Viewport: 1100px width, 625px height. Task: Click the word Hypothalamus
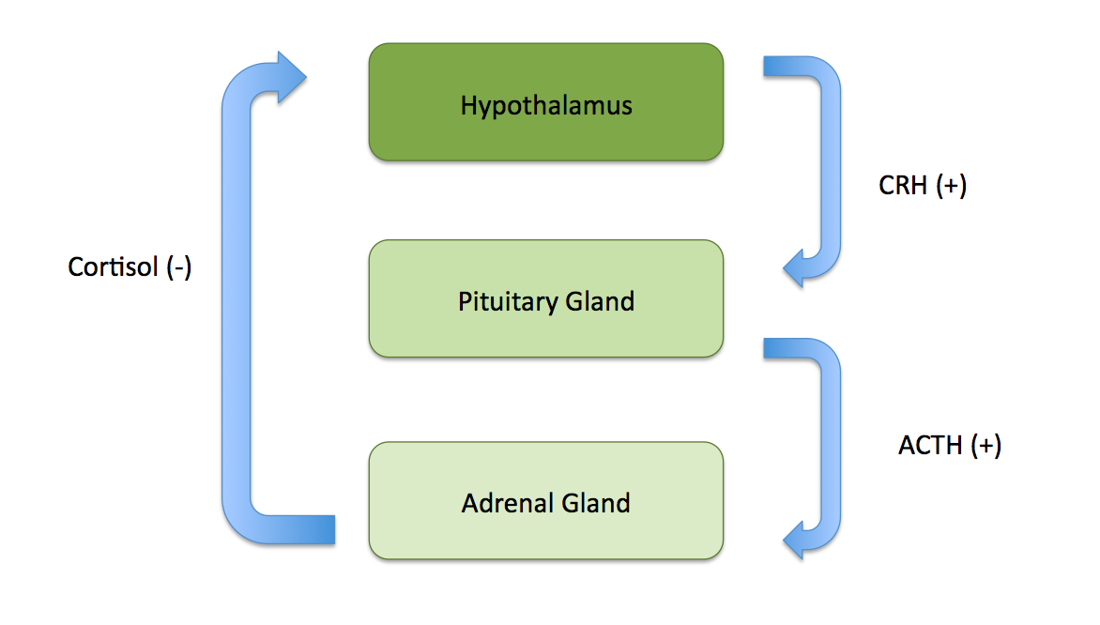point(545,104)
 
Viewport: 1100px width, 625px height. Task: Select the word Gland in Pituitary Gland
point(600,302)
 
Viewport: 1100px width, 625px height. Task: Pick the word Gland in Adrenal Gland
point(595,503)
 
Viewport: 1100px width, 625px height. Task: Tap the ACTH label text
point(931,445)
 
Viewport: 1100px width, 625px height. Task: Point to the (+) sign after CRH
point(951,186)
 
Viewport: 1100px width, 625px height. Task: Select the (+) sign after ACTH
point(985,445)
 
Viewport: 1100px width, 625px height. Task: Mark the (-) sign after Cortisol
point(178,267)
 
